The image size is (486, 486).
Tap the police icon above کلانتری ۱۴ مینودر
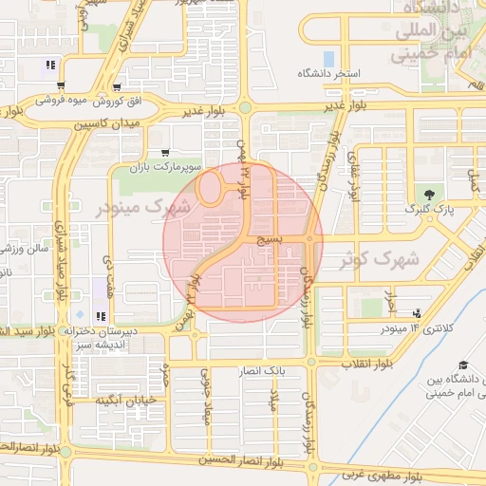(x=418, y=313)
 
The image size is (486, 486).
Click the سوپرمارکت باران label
(x=167, y=166)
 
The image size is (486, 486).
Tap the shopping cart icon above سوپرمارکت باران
(x=166, y=152)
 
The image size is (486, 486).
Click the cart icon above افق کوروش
(x=116, y=86)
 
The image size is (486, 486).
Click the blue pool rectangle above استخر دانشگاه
(x=329, y=58)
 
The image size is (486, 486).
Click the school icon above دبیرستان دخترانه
(x=103, y=315)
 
